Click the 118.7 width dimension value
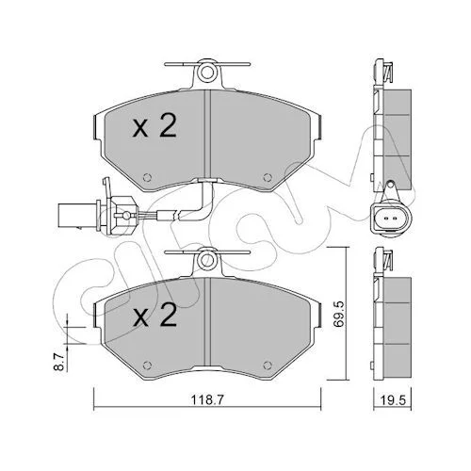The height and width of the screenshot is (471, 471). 207,400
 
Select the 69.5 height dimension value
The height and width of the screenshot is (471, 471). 339,315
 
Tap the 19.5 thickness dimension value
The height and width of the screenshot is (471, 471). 393,400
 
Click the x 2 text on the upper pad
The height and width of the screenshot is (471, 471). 154,126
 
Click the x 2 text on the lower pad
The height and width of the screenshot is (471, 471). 155,316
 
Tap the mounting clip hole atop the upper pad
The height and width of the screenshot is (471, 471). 207,73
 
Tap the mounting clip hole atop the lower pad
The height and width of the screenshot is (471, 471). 206,260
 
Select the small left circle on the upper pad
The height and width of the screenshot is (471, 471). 147,177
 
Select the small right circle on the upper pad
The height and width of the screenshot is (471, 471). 268,177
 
